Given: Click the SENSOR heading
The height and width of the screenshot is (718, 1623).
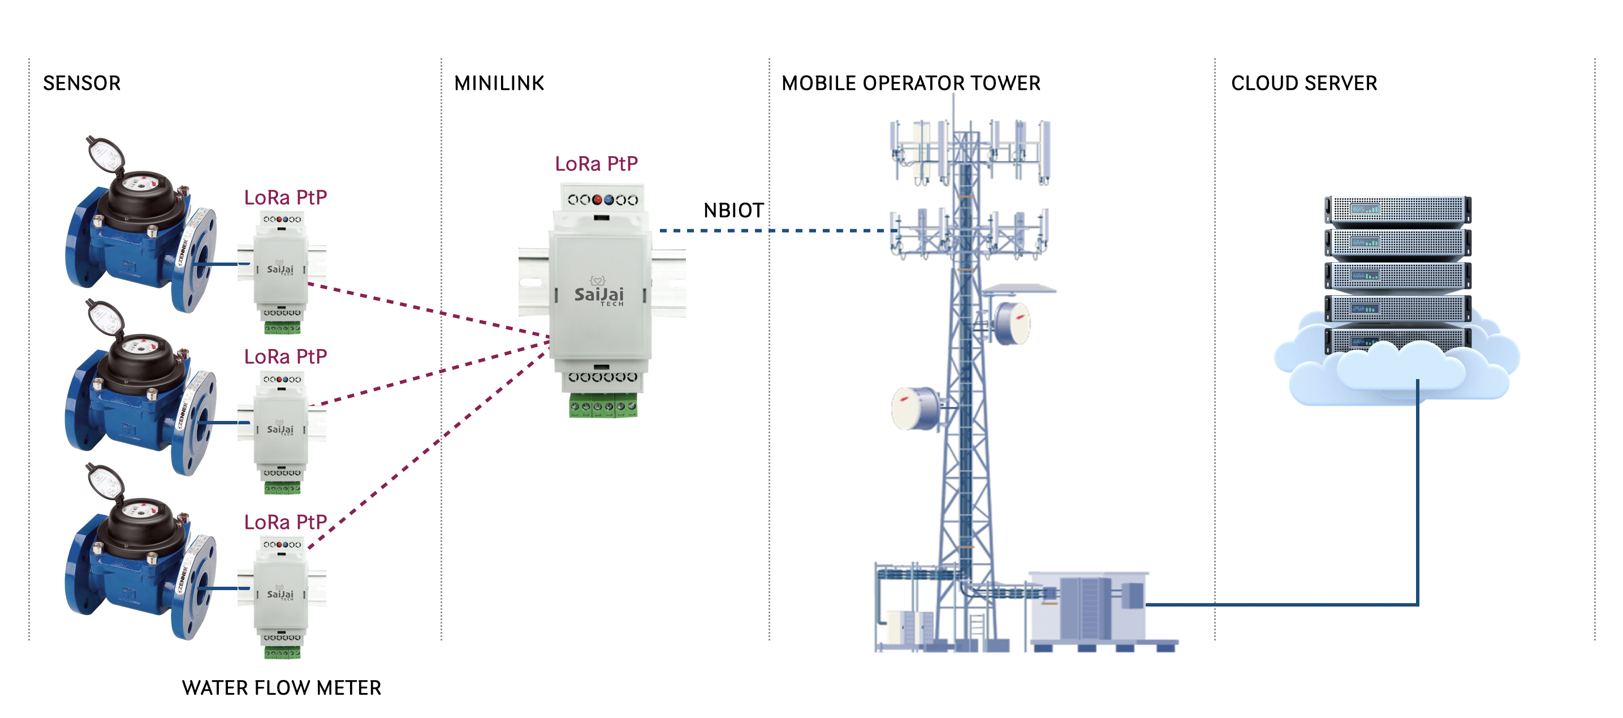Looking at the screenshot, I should pos(81,83).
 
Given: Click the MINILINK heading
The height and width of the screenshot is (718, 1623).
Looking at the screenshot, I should pos(498,83).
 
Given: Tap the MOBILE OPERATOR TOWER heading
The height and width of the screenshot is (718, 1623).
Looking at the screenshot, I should pos(910,83).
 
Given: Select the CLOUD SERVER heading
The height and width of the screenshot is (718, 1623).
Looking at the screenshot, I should pos(1303,83).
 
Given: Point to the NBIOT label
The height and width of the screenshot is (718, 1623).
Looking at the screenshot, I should pos(733,210).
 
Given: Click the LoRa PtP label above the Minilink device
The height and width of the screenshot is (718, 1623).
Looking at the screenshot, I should pos(596,164).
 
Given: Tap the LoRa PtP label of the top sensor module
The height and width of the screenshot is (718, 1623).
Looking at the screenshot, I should pos(286,197).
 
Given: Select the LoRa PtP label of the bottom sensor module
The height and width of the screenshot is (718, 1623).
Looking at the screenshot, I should pos(286,522).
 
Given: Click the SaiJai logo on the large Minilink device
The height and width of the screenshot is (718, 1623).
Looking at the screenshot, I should pos(598,294).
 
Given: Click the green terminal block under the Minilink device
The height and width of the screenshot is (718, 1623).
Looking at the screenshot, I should pos(603,405).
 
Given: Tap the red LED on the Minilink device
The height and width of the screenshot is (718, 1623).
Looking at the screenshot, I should pos(597,200).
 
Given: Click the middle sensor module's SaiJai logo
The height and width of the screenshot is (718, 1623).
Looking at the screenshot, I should pos(280,429).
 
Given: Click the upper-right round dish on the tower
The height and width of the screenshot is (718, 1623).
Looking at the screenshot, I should pos(1012,322).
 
